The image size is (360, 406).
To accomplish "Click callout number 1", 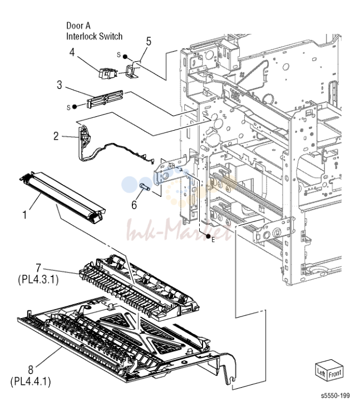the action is click(x=24, y=215).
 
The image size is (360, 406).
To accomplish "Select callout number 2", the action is click(x=56, y=136).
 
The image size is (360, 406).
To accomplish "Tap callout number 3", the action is click(x=60, y=85).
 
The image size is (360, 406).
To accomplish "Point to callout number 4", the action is click(x=72, y=52).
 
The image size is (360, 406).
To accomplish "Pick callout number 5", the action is click(x=149, y=41).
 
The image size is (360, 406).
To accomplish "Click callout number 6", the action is click(x=134, y=205).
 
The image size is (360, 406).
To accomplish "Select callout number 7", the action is click(x=38, y=268).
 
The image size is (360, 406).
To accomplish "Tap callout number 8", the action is click(x=31, y=369).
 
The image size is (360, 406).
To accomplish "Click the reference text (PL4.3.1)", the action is click(x=38, y=280).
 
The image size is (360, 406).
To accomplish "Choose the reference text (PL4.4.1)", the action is click(x=31, y=382).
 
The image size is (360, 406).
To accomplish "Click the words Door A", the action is click(x=78, y=26).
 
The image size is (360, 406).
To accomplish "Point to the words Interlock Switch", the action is click(x=94, y=36).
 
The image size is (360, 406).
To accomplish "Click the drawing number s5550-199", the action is click(x=335, y=395).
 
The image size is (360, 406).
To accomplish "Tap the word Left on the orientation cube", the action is click(x=321, y=373).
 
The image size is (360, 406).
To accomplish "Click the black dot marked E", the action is click(x=208, y=236).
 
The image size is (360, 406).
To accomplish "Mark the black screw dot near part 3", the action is click(x=75, y=106).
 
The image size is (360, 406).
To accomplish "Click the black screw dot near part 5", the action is click(x=125, y=56).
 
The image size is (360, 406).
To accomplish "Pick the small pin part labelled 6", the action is click(x=144, y=187).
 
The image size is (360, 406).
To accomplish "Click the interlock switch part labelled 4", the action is click(x=107, y=73).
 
